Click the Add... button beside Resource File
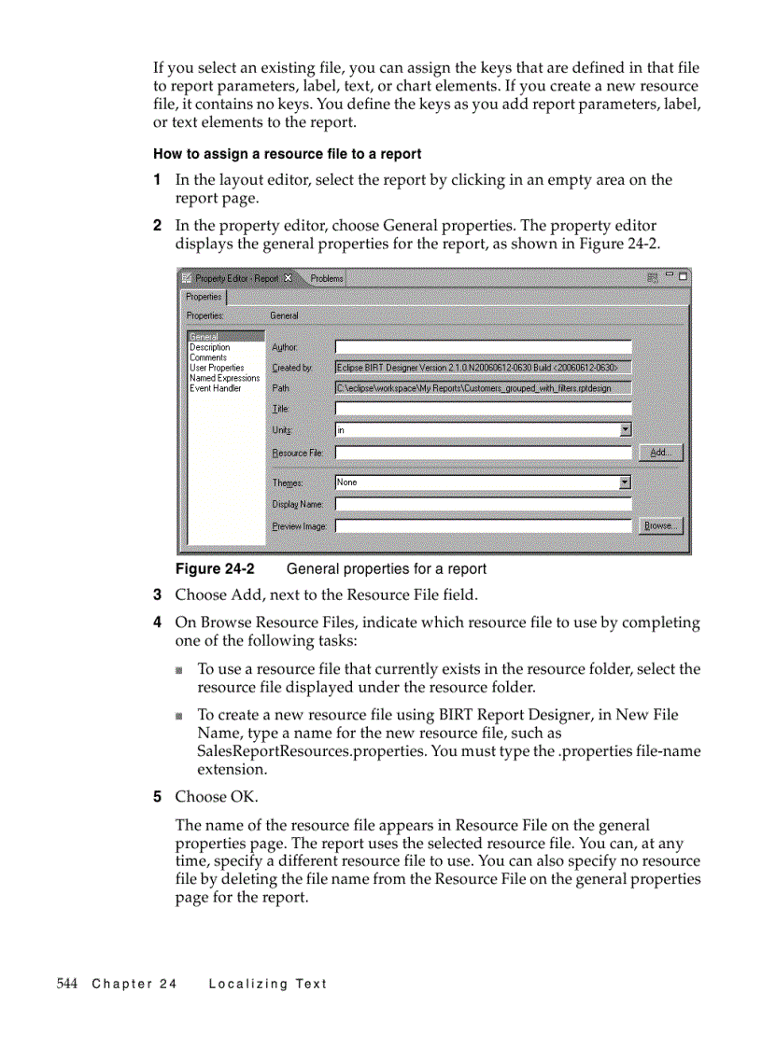(660, 453)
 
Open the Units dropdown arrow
(626, 429)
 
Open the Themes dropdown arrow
(626, 482)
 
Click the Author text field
(483, 347)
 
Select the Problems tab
(327, 278)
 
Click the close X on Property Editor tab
(288, 278)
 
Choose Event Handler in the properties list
(215, 388)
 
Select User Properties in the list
(217, 368)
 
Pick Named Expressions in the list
(224, 378)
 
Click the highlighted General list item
(205, 337)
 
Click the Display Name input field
(483, 504)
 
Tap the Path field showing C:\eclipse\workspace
(483, 388)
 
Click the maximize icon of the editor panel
(684, 277)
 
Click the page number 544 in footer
(66, 984)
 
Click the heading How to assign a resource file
(287, 154)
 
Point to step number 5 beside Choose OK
(158, 796)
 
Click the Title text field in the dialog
(483, 409)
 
